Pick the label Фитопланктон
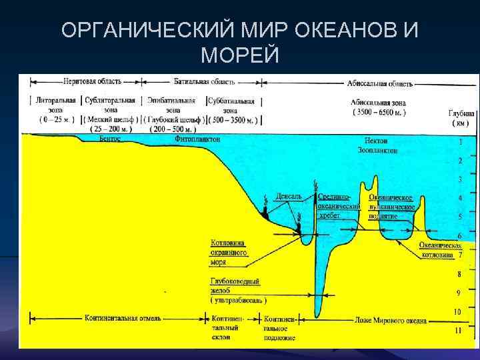tap(197, 140)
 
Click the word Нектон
tap(376, 141)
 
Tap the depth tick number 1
tap(459, 142)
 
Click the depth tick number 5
tap(459, 217)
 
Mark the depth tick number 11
tap(457, 330)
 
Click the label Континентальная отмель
tap(123, 318)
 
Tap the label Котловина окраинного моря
tap(229, 253)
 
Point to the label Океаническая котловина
tap(440, 250)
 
